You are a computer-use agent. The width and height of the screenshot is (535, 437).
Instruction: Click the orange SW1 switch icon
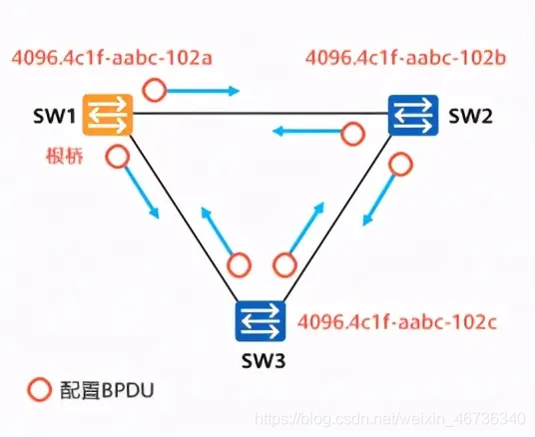pyautogui.click(x=108, y=115)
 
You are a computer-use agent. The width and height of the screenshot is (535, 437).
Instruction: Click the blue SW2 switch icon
pyautogui.click(x=413, y=115)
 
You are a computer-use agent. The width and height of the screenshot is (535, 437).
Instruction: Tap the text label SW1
pyautogui.click(x=59, y=117)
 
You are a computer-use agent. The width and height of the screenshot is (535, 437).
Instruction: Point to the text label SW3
pyautogui.click(x=262, y=359)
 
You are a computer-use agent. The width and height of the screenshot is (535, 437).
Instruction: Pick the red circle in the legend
pyautogui.click(x=39, y=390)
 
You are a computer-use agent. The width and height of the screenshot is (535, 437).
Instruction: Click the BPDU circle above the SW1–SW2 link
pyautogui.click(x=154, y=91)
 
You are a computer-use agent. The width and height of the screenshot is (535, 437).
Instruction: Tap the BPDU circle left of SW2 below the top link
pyautogui.click(x=353, y=134)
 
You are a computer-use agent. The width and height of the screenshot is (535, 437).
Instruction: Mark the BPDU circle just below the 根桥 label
pyautogui.click(x=117, y=157)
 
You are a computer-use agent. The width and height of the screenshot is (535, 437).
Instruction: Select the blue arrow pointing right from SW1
pyautogui.click(x=205, y=92)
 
